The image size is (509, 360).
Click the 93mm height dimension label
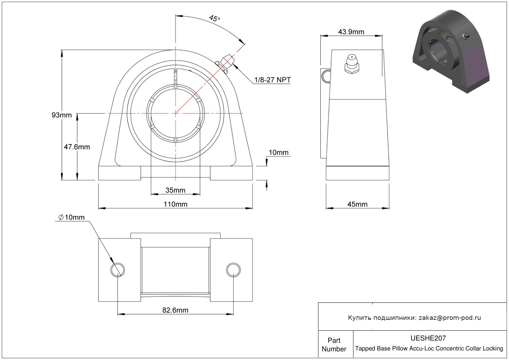[x=62, y=115]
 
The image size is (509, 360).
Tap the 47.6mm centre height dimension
[x=77, y=147]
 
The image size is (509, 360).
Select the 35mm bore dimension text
[x=176, y=190]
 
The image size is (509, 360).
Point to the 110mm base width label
[x=176, y=204]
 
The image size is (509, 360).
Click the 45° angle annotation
[x=214, y=18]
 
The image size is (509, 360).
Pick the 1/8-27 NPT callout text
[x=273, y=80]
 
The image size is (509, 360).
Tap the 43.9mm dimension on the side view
[x=351, y=32]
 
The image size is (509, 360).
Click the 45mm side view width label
[x=358, y=204]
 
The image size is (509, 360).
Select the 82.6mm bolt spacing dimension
[x=175, y=310]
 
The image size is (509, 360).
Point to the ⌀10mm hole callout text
[x=71, y=217]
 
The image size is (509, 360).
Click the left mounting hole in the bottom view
[x=117, y=270]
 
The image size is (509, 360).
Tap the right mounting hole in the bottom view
[x=233, y=270]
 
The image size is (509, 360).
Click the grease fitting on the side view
[x=352, y=64]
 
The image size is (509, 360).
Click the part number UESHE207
[x=428, y=338]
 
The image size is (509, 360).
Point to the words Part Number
[x=334, y=345]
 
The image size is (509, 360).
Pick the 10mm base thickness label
[x=278, y=152]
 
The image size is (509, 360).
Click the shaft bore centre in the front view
[x=176, y=113]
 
